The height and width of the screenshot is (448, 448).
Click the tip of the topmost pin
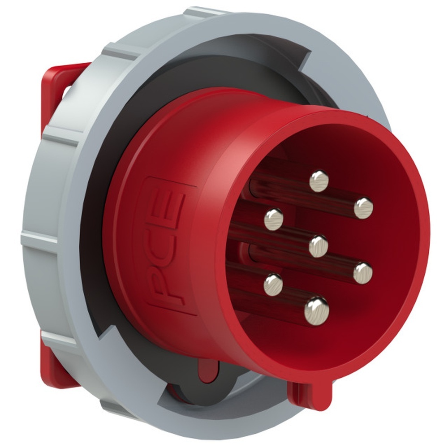[319, 181]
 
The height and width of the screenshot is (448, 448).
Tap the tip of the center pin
[318, 246]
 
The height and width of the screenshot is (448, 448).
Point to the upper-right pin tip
[363, 208]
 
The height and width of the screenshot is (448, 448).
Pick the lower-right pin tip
[362, 273]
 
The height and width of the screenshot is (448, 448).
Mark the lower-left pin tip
[273, 284]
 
